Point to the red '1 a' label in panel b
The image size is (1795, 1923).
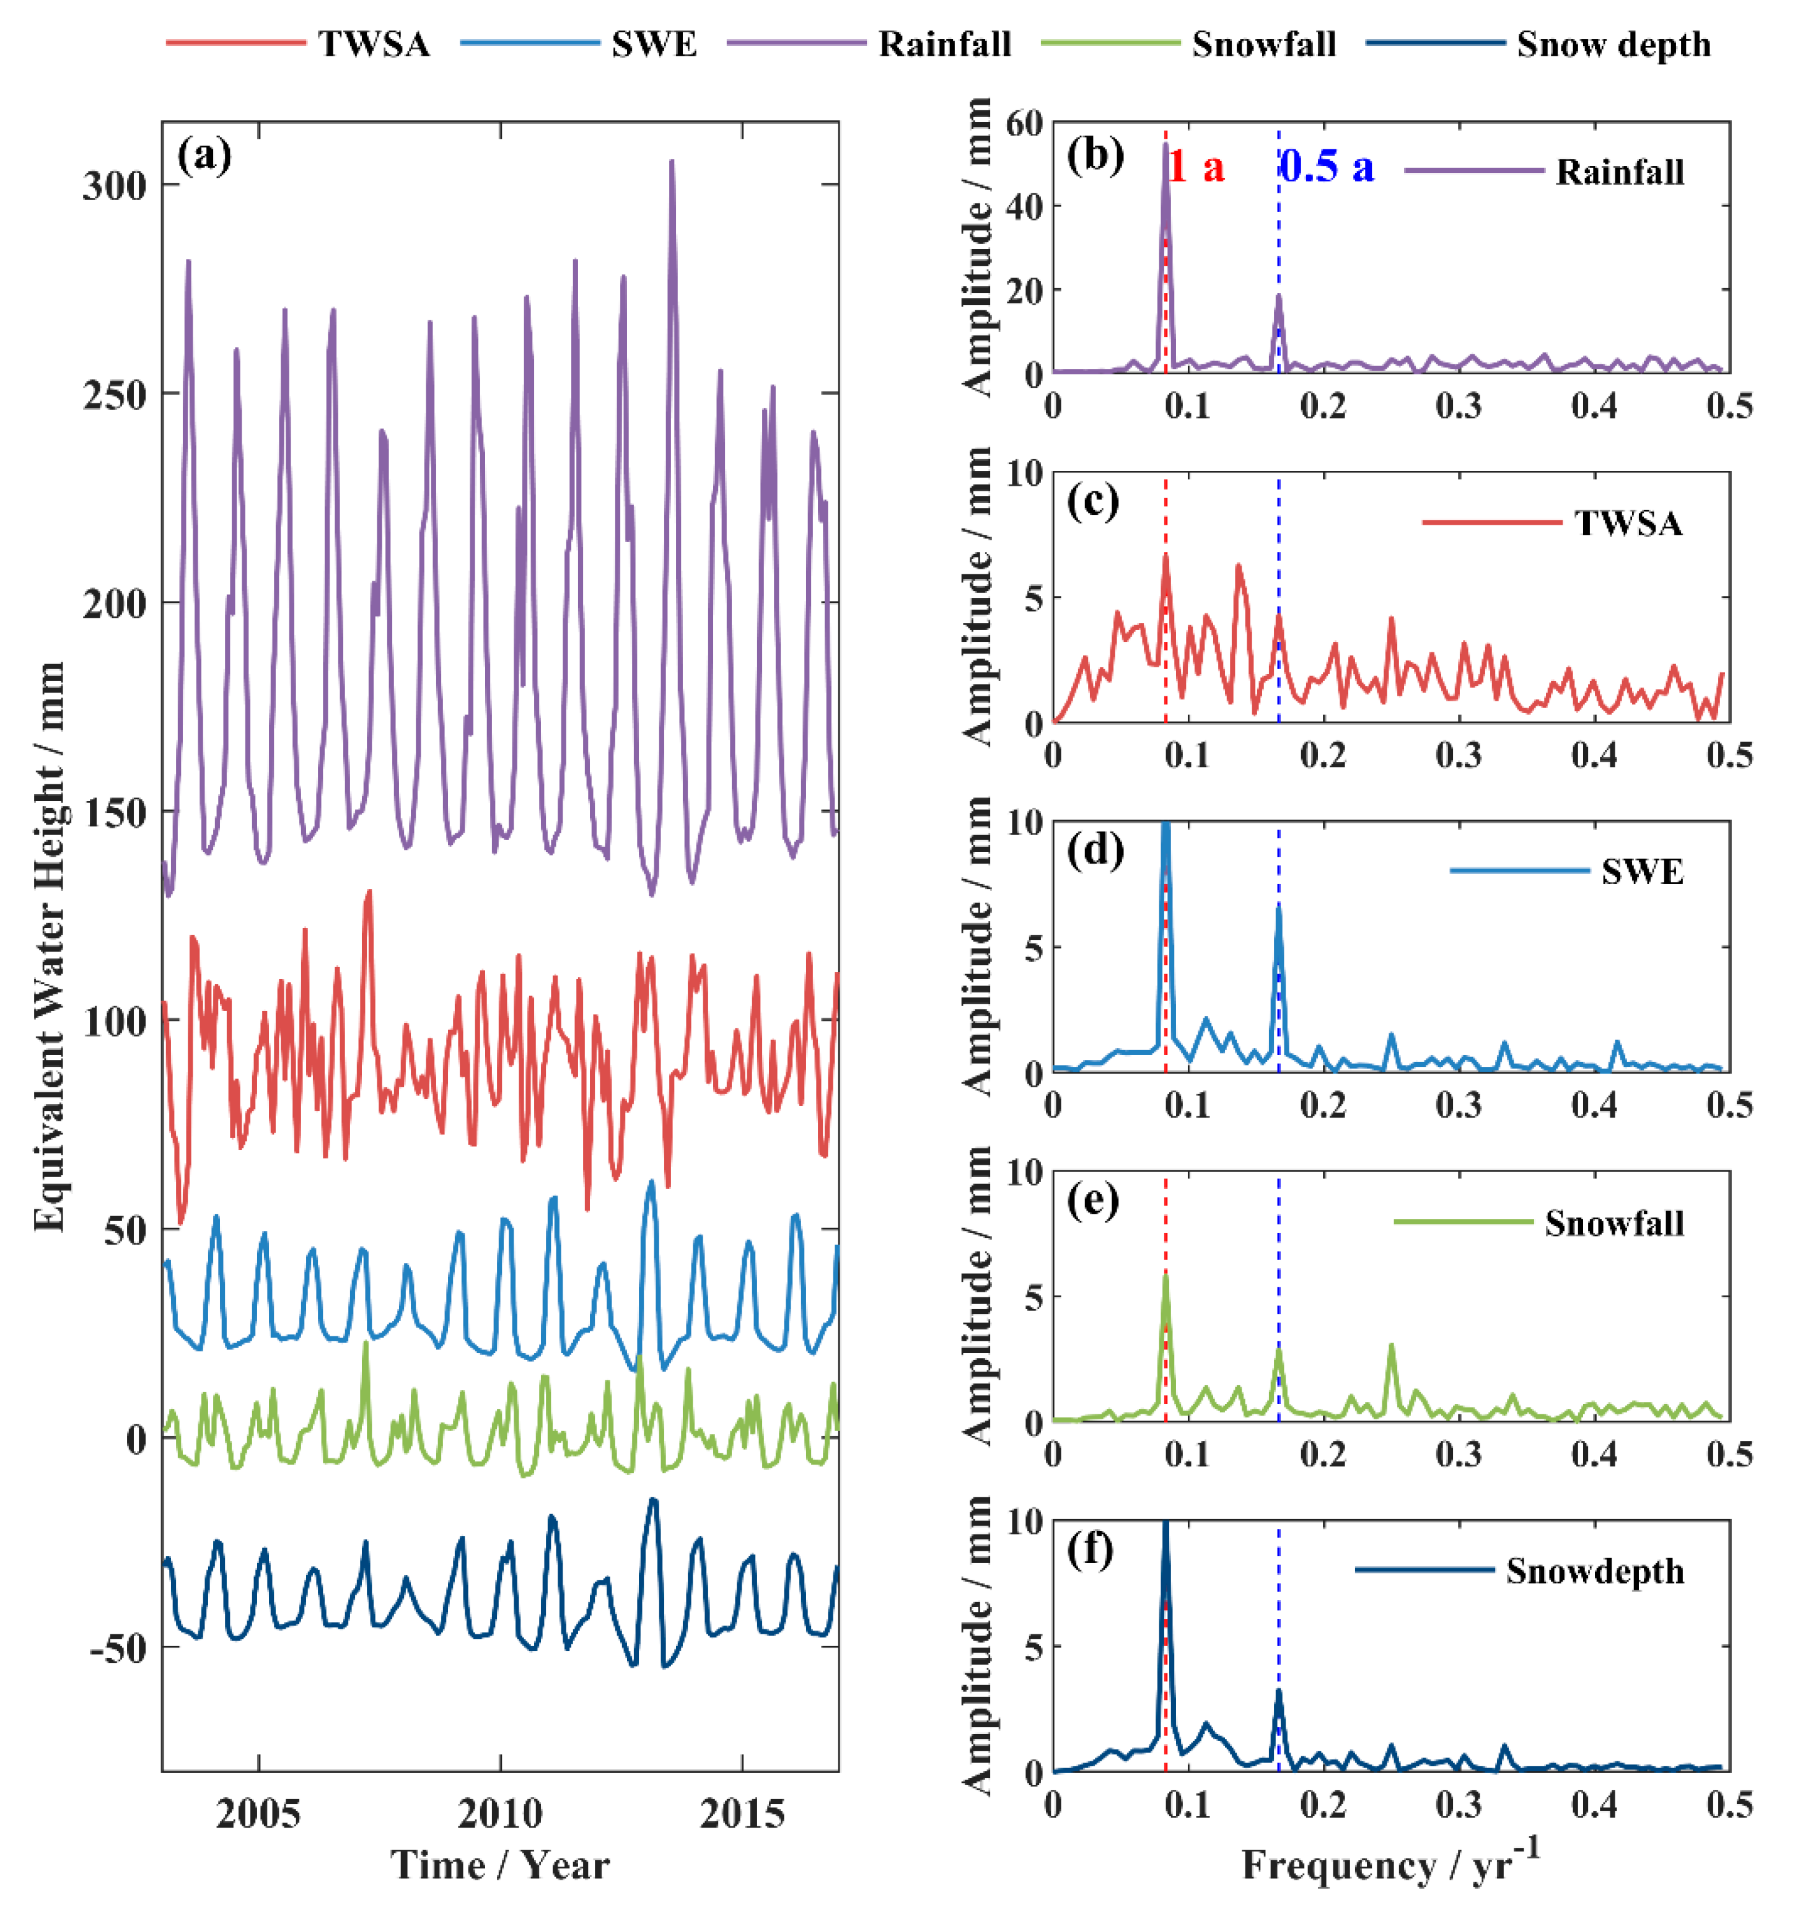(1196, 167)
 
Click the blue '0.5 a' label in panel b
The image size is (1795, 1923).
(1326, 167)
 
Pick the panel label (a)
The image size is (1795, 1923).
(204, 155)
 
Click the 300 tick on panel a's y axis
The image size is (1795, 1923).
(113, 185)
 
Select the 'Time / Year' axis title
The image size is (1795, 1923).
(499, 1865)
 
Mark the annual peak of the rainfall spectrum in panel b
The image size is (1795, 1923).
(1166, 145)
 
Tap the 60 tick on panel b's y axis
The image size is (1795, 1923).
(1024, 123)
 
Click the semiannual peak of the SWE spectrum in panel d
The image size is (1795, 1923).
(1278, 908)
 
